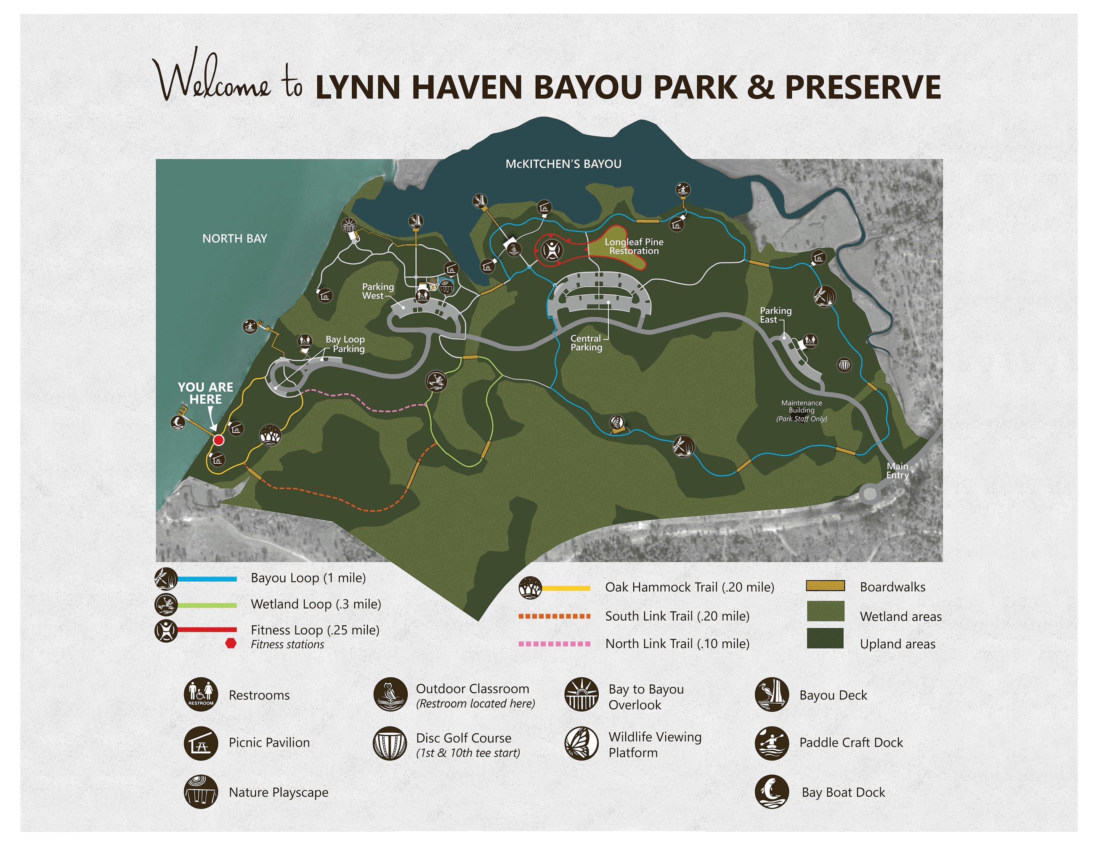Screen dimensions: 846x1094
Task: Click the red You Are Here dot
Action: point(218,440)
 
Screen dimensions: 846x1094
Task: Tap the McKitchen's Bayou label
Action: point(563,164)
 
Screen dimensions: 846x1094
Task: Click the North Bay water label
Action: point(234,239)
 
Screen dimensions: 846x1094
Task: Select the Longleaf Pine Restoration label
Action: point(634,246)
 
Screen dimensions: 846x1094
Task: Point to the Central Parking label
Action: point(586,343)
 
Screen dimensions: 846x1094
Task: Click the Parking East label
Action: point(775,315)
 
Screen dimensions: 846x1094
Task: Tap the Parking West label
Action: point(378,291)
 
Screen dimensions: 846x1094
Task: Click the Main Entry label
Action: point(897,471)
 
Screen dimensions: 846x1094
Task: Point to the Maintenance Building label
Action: point(802,410)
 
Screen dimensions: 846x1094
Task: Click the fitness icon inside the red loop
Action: point(552,250)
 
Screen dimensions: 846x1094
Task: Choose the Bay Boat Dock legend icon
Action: point(771,792)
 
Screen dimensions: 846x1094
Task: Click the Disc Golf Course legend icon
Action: point(390,744)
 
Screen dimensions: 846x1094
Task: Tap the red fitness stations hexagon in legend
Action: point(231,643)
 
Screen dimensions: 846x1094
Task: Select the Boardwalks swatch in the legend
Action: point(825,586)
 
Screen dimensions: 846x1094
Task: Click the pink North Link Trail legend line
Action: point(554,643)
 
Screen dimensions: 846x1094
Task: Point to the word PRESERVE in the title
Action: point(863,87)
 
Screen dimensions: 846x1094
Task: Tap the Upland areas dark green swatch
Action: point(825,639)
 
